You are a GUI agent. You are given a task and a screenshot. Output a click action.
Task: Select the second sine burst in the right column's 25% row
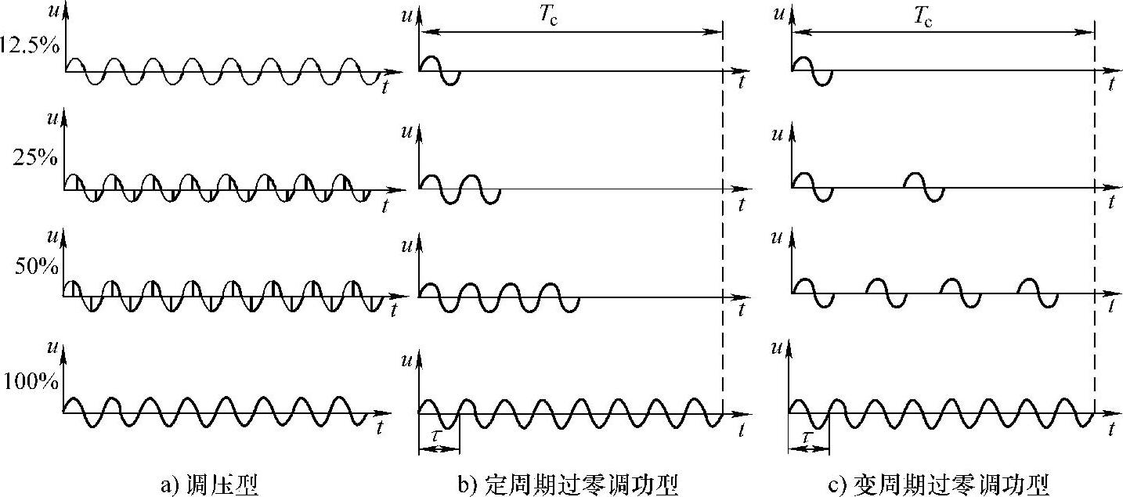[x=924, y=187]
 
